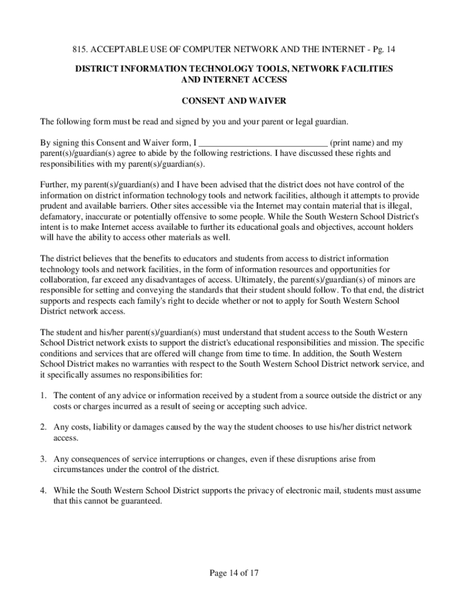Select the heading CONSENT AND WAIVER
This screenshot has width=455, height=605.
[x=228, y=101]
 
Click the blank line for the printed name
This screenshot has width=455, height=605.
[x=263, y=143]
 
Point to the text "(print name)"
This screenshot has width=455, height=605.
[x=352, y=143]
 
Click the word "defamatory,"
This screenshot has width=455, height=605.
[x=61, y=216]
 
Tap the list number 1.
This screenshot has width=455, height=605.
[x=43, y=395]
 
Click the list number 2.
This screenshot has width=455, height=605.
[x=43, y=427]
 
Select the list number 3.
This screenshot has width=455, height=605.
[x=43, y=459]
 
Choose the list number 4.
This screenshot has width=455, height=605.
[x=43, y=491]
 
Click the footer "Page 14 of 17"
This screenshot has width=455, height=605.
[x=235, y=573]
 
